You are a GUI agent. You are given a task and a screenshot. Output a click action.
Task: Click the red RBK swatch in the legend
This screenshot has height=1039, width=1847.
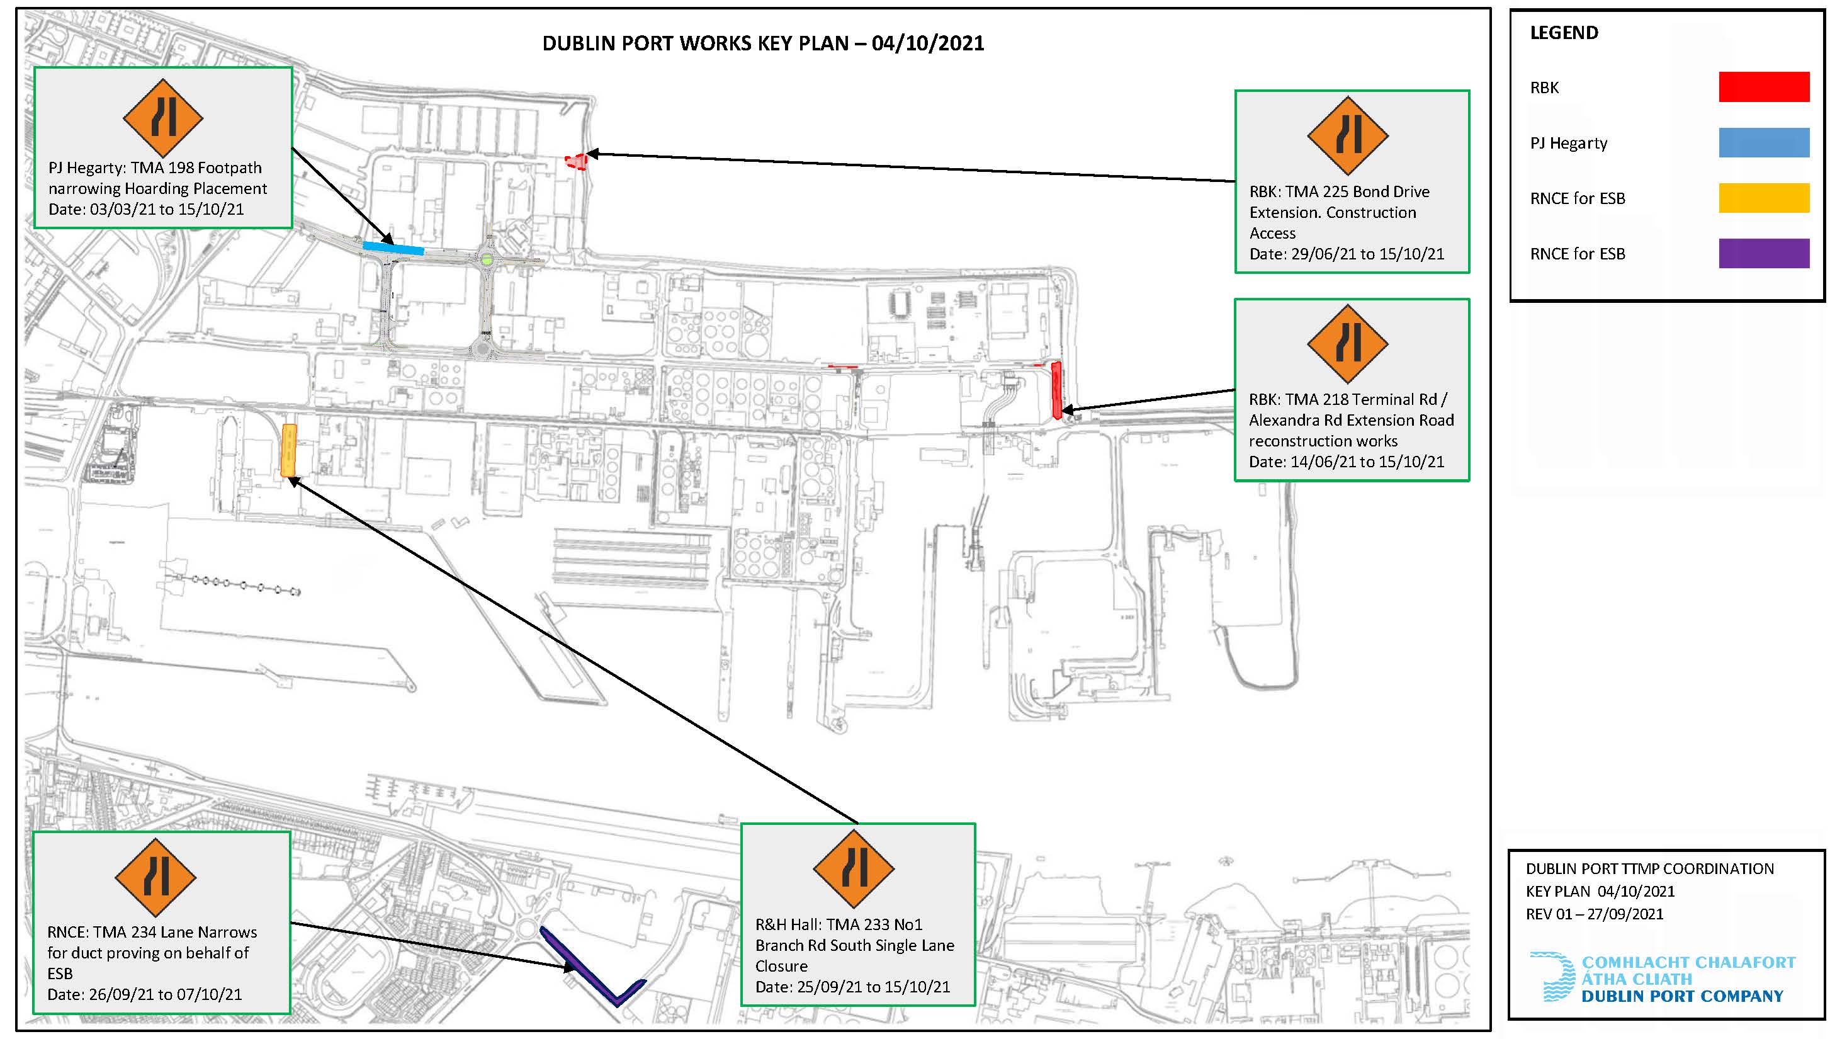tap(1764, 87)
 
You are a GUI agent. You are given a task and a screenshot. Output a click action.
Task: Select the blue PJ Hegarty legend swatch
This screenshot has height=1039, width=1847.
tap(1764, 142)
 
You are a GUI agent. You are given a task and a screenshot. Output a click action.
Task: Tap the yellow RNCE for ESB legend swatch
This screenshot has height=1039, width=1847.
tap(1764, 198)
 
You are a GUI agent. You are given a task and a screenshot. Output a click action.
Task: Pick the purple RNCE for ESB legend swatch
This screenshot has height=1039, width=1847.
tap(1764, 253)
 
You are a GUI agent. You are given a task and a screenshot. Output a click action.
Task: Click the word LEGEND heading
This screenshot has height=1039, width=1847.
tap(1564, 33)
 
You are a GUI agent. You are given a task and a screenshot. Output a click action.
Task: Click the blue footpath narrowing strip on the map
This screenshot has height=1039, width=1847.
tap(393, 248)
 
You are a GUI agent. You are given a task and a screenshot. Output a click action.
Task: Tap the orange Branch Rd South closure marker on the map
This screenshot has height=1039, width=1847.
tap(289, 450)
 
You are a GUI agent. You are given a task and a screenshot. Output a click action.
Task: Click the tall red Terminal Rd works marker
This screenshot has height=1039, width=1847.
tap(1056, 390)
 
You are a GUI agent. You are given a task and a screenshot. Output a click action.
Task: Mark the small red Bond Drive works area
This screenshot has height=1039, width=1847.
tap(576, 161)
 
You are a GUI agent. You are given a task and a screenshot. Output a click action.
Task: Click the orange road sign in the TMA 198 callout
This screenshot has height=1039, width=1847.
tap(164, 118)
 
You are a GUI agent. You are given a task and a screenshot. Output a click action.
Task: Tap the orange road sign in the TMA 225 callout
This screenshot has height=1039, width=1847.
tap(1348, 135)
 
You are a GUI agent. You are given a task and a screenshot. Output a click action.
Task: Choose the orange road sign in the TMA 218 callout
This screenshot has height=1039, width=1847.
tap(1348, 343)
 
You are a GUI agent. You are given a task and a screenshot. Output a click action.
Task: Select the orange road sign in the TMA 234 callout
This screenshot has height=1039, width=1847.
tap(155, 877)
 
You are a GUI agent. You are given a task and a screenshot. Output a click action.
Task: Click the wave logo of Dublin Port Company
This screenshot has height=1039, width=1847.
tap(1553, 977)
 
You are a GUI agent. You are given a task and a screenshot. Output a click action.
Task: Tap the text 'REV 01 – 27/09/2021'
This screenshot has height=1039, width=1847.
tap(1595, 914)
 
